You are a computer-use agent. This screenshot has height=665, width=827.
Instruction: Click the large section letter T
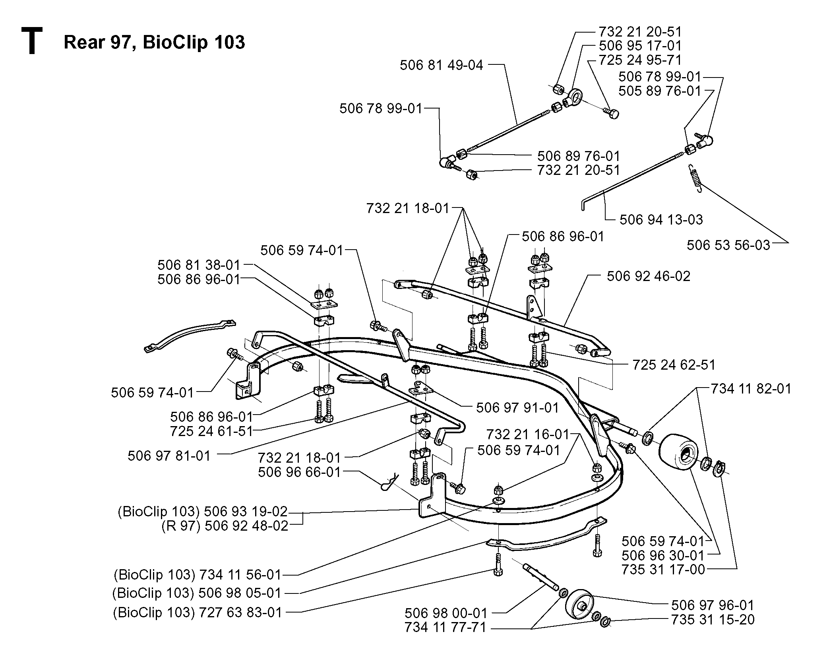tap(31, 41)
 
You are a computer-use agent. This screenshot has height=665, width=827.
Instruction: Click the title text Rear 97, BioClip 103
tap(154, 42)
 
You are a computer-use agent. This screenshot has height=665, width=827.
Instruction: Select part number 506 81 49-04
tap(441, 65)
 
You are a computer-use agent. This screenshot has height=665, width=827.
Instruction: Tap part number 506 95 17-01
tap(640, 46)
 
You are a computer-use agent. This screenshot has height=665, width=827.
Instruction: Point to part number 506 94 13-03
tap(661, 219)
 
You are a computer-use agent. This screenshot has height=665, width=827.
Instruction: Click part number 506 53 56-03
tap(728, 245)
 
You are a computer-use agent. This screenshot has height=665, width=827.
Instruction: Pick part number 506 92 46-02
tap(649, 276)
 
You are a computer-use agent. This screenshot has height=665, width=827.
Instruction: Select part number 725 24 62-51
tap(674, 364)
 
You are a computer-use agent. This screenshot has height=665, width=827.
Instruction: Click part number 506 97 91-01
tap(517, 408)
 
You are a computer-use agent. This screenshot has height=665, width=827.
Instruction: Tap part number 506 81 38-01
tap(199, 265)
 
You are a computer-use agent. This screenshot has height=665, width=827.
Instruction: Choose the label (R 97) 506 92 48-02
tap(225, 526)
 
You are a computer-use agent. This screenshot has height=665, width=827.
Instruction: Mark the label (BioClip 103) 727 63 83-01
tap(198, 613)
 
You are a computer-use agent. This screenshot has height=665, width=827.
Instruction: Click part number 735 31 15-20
tap(713, 620)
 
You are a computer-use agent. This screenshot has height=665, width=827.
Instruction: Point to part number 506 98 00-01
tap(446, 613)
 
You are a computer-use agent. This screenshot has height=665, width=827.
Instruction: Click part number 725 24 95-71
tap(640, 60)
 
